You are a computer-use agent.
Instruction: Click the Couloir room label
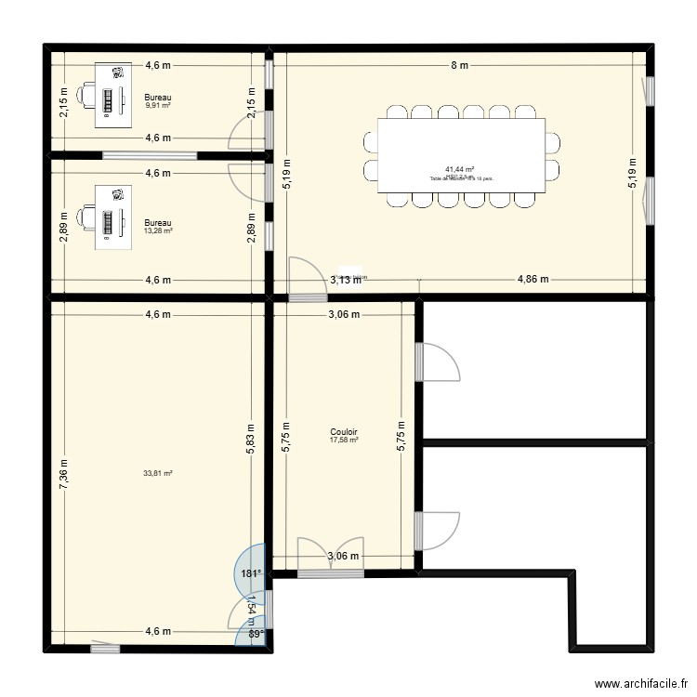(x=344, y=432)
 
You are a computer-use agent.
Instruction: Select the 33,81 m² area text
(x=158, y=473)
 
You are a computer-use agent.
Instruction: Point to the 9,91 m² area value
(x=158, y=105)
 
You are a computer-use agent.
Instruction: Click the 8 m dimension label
(x=459, y=65)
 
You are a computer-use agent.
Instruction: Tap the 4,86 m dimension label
(x=533, y=279)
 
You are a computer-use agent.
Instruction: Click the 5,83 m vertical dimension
(x=250, y=433)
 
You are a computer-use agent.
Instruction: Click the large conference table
(x=460, y=156)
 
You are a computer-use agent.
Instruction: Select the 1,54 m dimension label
(x=250, y=608)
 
